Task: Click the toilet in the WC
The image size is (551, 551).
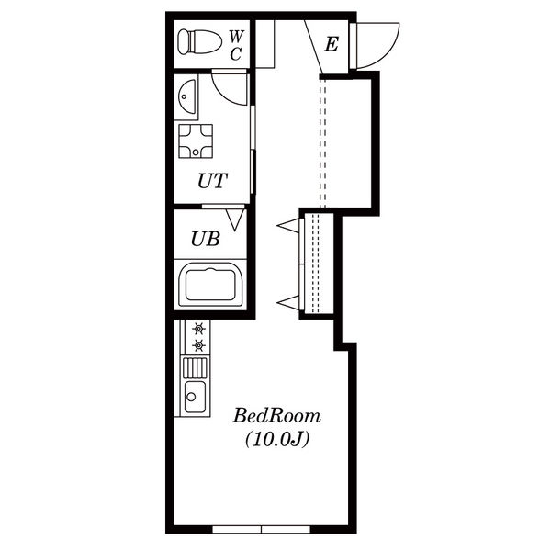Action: [x=199, y=42]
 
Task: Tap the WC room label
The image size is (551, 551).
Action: [x=236, y=45]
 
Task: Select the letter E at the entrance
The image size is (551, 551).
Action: [x=332, y=45]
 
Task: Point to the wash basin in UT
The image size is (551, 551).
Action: [x=187, y=96]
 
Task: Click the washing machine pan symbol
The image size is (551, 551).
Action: [x=196, y=141]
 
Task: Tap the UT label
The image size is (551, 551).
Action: [x=213, y=181]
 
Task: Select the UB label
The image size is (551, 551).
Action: [x=206, y=239]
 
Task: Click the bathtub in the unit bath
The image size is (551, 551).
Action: [x=210, y=285]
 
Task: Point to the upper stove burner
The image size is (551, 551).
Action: [x=199, y=329]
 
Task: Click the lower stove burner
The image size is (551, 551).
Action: [x=199, y=346]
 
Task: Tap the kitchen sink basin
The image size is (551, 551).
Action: [x=195, y=397]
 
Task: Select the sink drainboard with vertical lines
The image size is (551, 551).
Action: [x=195, y=367]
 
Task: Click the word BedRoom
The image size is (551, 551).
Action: [x=277, y=416]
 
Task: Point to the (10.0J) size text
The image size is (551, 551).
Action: [x=277, y=439]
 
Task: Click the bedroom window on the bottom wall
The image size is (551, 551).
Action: [x=262, y=530]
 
